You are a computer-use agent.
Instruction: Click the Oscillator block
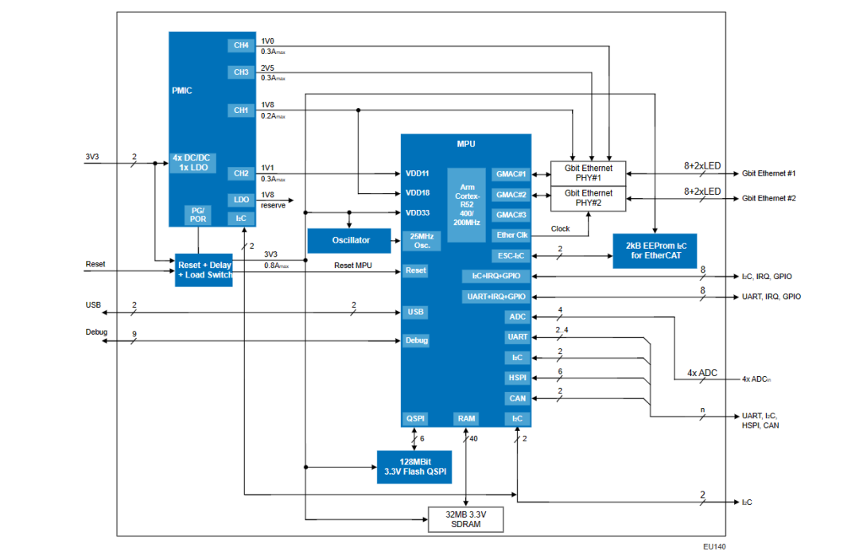(x=351, y=240)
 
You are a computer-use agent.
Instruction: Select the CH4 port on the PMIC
(x=241, y=45)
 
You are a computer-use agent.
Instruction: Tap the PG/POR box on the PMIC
(x=198, y=215)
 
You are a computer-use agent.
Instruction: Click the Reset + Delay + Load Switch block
(x=204, y=270)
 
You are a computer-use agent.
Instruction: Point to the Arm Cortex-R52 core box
(x=467, y=205)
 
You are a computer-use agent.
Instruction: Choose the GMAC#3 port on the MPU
(x=511, y=215)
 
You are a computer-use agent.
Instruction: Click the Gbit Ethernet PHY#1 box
(x=589, y=173)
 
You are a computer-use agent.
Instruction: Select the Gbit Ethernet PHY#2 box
(x=589, y=198)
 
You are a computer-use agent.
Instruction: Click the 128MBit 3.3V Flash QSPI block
(x=414, y=467)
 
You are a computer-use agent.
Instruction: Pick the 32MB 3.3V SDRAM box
(x=466, y=520)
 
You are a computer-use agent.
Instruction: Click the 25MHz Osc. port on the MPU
(x=420, y=240)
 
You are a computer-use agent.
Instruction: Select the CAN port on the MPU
(x=516, y=398)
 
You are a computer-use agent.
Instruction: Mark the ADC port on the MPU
(x=516, y=317)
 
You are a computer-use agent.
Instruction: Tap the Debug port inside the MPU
(x=416, y=340)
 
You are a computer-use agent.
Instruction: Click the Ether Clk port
(x=511, y=235)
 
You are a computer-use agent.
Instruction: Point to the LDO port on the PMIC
(x=241, y=200)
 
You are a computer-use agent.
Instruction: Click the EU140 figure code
(x=714, y=546)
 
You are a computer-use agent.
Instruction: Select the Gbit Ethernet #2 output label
(x=768, y=198)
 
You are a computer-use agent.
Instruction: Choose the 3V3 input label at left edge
(x=92, y=157)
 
